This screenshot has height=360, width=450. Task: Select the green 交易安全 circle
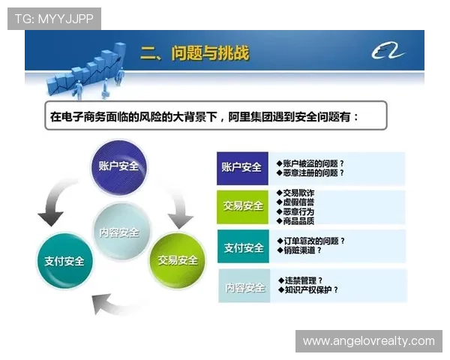[x=177, y=260]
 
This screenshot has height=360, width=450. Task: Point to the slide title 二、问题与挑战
[x=194, y=53]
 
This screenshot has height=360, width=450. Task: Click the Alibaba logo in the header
[x=388, y=52]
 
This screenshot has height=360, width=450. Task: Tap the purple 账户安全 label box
[x=241, y=167]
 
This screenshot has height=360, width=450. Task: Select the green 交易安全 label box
[x=241, y=205]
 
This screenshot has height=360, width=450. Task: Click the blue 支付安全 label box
[x=241, y=247]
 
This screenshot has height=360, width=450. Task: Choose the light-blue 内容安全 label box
[x=241, y=287]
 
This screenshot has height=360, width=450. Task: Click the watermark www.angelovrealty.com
[x=368, y=341]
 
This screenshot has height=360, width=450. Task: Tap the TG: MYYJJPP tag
[x=54, y=18]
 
